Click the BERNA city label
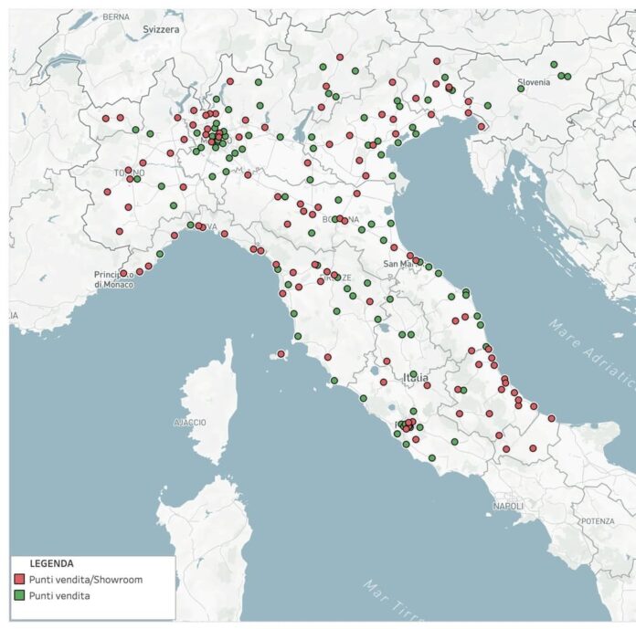[x=116, y=16]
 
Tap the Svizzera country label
[x=162, y=29]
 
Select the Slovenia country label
[x=535, y=82]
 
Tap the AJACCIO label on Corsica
[x=190, y=423]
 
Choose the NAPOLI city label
[x=507, y=506]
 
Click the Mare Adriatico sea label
[x=594, y=355]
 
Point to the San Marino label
[x=398, y=264]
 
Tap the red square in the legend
[x=19, y=580]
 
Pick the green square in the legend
[x=19, y=596]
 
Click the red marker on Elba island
[x=281, y=353]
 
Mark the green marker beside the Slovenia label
[x=521, y=89]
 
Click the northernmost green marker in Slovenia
[x=554, y=64]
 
